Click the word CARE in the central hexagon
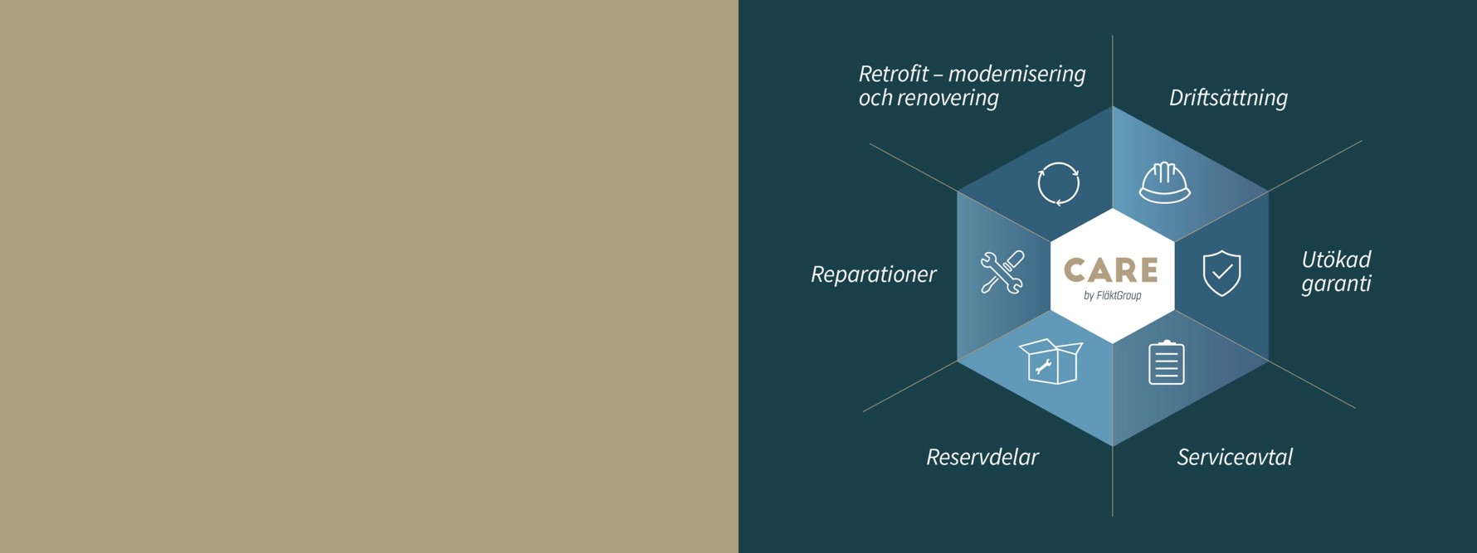[x=1111, y=270]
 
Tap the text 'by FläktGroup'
[x=1112, y=296]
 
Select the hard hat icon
[x=1164, y=182]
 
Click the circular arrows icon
[x=1059, y=183]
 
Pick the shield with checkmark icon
[x=1221, y=273]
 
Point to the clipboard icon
[x=1166, y=362]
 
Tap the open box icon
[x=1050, y=361]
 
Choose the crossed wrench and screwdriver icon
[x=1002, y=272]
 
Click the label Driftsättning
[x=1228, y=98]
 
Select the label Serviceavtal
[x=1235, y=457]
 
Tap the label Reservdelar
[x=982, y=457]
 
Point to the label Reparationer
[x=873, y=274]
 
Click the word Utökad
[x=1336, y=260]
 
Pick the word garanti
[x=1336, y=284]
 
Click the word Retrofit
[x=894, y=74]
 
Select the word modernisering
[x=1016, y=75]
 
